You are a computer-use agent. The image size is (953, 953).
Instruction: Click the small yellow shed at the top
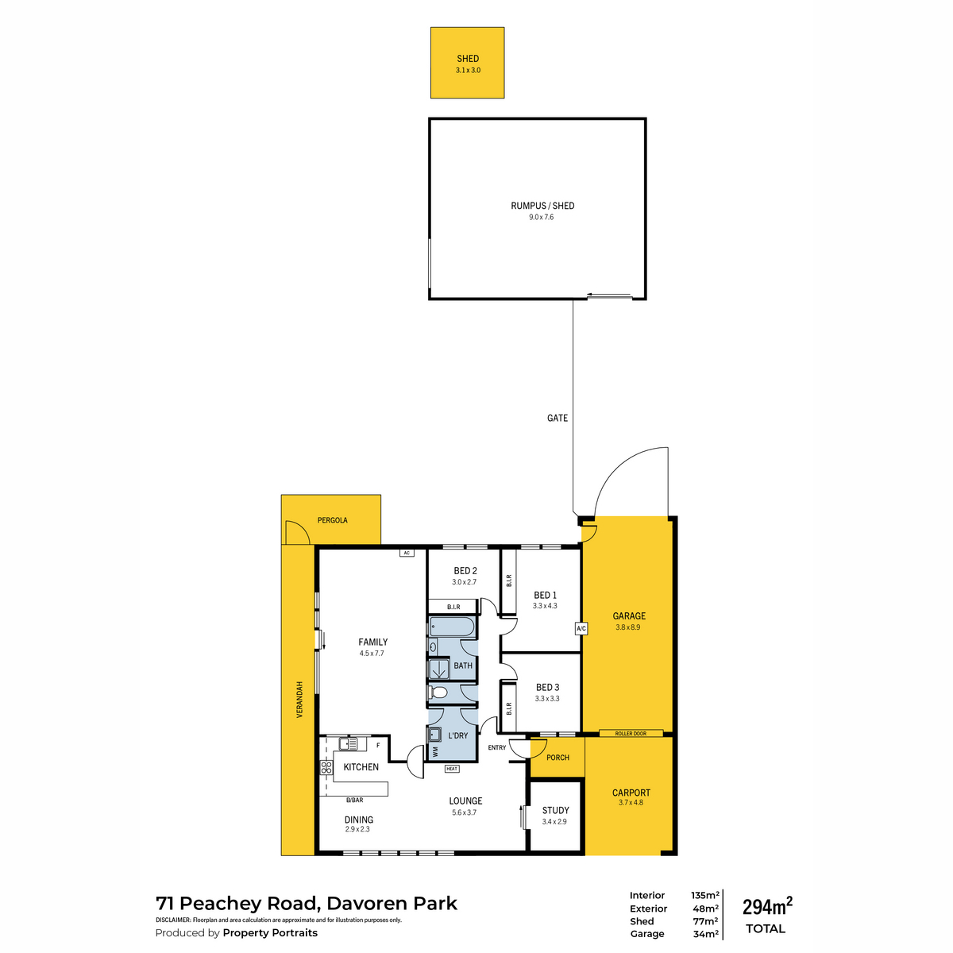pyautogui.click(x=467, y=63)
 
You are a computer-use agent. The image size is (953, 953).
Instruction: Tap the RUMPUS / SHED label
pyautogui.click(x=542, y=206)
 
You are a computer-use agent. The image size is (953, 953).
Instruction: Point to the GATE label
pyautogui.click(x=557, y=418)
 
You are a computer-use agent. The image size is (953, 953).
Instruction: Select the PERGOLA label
pyautogui.click(x=332, y=520)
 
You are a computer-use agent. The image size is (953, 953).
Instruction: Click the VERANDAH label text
pyautogui.click(x=299, y=700)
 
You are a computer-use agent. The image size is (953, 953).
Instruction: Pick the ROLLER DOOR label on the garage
pyautogui.click(x=631, y=734)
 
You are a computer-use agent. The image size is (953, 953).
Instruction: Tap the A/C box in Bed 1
pyautogui.click(x=581, y=628)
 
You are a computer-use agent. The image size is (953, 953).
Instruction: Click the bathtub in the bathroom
pyautogui.click(x=452, y=627)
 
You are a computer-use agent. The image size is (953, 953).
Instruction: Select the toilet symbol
pyautogui.click(x=438, y=693)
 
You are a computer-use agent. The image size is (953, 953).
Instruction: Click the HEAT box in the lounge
pyautogui.click(x=452, y=769)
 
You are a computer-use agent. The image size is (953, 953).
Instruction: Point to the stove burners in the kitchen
pyautogui.click(x=326, y=767)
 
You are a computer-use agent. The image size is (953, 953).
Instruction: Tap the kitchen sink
pyautogui.click(x=348, y=743)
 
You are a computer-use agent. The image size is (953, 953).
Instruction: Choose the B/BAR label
pyautogui.click(x=354, y=800)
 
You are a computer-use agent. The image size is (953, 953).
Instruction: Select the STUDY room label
pyautogui.click(x=555, y=810)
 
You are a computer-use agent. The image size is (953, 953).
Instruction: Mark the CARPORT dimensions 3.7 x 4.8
pyautogui.click(x=631, y=802)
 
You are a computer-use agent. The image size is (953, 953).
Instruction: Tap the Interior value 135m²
pyautogui.click(x=704, y=895)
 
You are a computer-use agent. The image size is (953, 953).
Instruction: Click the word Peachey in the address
pyautogui.click(x=247, y=904)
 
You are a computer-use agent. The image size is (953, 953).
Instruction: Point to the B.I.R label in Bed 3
pyautogui.click(x=509, y=708)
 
